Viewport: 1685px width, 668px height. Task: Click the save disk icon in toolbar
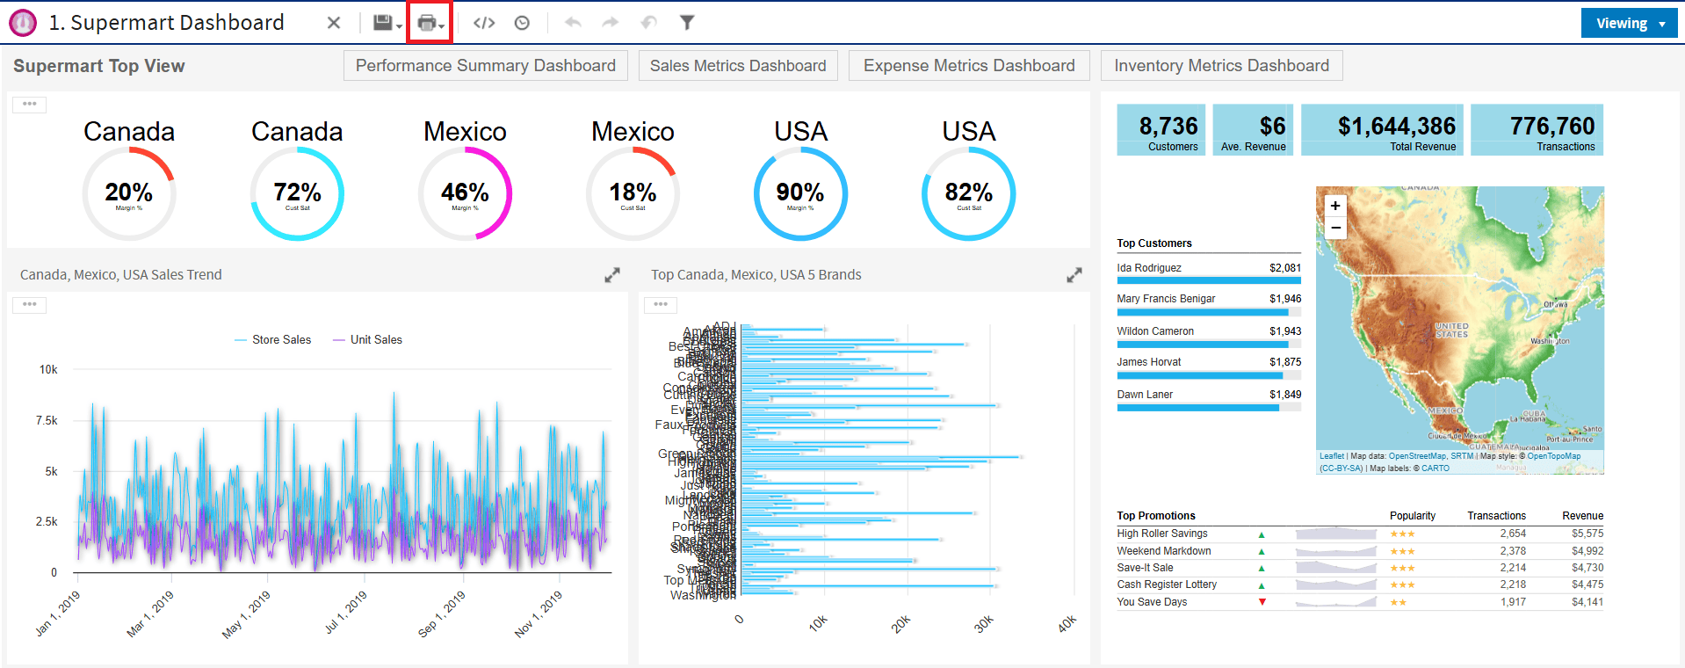pyautogui.click(x=383, y=23)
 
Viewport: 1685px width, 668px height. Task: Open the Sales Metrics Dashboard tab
pyautogui.click(x=738, y=66)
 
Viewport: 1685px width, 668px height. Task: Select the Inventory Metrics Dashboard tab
pyautogui.click(x=1221, y=66)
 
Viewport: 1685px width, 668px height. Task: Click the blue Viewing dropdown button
pyautogui.click(x=1628, y=24)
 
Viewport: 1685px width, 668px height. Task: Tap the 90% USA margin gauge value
pyautogui.click(x=799, y=192)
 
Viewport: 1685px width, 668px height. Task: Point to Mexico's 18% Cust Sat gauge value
pyautogui.click(x=633, y=192)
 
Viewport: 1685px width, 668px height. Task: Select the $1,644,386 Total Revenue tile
pyautogui.click(x=1382, y=130)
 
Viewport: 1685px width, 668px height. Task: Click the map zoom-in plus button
pyautogui.click(x=1335, y=206)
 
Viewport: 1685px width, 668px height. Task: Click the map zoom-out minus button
pyautogui.click(x=1335, y=228)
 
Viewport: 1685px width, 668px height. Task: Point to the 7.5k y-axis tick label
pyautogui.click(x=47, y=421)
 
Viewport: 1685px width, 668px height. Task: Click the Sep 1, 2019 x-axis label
pyautogui.click(x=441, y=614)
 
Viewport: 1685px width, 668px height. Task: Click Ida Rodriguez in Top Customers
pyautogui.click(x=1149, y=268)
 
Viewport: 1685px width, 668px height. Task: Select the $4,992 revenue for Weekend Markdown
pyautogui.click(x=1587, y=551)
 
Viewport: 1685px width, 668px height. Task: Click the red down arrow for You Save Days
pyautogui.click(x=1262, y=602)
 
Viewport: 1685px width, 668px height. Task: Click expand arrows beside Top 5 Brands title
pyautogui.click(x=1074, y=275)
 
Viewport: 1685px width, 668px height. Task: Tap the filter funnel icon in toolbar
pyautogui.click(x=687, y=23)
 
